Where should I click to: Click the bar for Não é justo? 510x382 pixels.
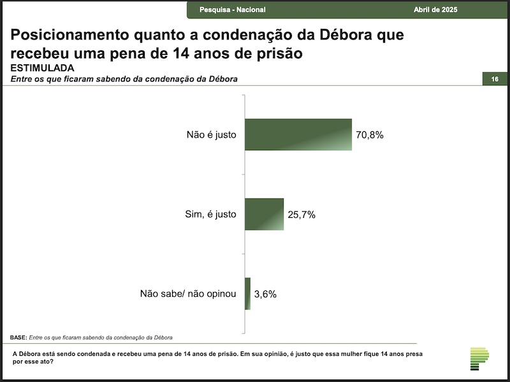coord(298,134)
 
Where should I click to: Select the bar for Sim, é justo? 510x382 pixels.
coord(264,214)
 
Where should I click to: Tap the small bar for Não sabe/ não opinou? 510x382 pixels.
coord(247,294)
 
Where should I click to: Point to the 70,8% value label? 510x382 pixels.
coord(370,135)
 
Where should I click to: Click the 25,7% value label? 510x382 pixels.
coord(302,215)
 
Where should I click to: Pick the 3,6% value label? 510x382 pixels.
coord(265,294)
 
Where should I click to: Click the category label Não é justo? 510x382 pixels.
coord(212,134)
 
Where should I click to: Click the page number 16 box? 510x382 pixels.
coord(495,79)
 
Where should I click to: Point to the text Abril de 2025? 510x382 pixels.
coord(435,10)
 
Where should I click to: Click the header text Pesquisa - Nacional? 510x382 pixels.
coord(233,10)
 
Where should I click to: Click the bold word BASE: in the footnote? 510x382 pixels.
coord(18,337)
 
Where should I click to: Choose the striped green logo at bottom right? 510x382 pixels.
coord(479,359)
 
